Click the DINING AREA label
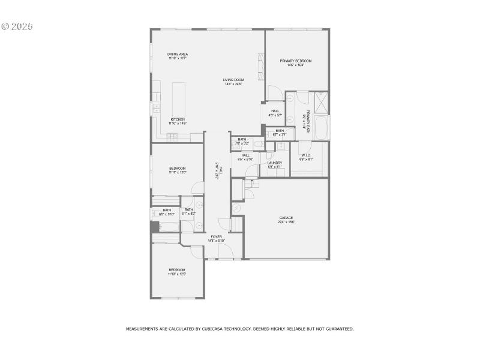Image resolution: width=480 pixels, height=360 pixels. pyautogui.click(x=178, y=54)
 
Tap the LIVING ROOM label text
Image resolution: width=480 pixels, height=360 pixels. pyautogui.click(x=233, y=80)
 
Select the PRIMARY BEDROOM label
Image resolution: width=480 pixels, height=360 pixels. pyautogui.click(x=295, y=61)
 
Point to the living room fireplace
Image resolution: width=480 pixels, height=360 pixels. pyautogui.click(x=261, y=67)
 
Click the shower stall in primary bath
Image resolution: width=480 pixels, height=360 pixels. pyautogui.click(x=321, y=103)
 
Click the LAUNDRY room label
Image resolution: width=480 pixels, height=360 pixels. pyautogui.click(x=275, y=163)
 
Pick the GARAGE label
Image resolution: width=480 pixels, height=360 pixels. pyautogui.click(x=286, y=217)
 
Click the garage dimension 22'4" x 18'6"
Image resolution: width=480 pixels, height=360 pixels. pyautogui.click(x=286, y=221)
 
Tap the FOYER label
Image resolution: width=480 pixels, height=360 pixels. pyautogui.click(x=215, y=236)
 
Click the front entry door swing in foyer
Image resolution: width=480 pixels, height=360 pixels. pyautogui.click(x=225, y=253)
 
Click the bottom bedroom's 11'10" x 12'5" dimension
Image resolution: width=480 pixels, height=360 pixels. pyautogui.click(x=177, y=274)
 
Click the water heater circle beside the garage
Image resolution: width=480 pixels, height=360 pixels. pyautogui.click(x=237, y=208)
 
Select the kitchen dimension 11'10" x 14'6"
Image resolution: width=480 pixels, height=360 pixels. pyautogui.click(x=178, y=123)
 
